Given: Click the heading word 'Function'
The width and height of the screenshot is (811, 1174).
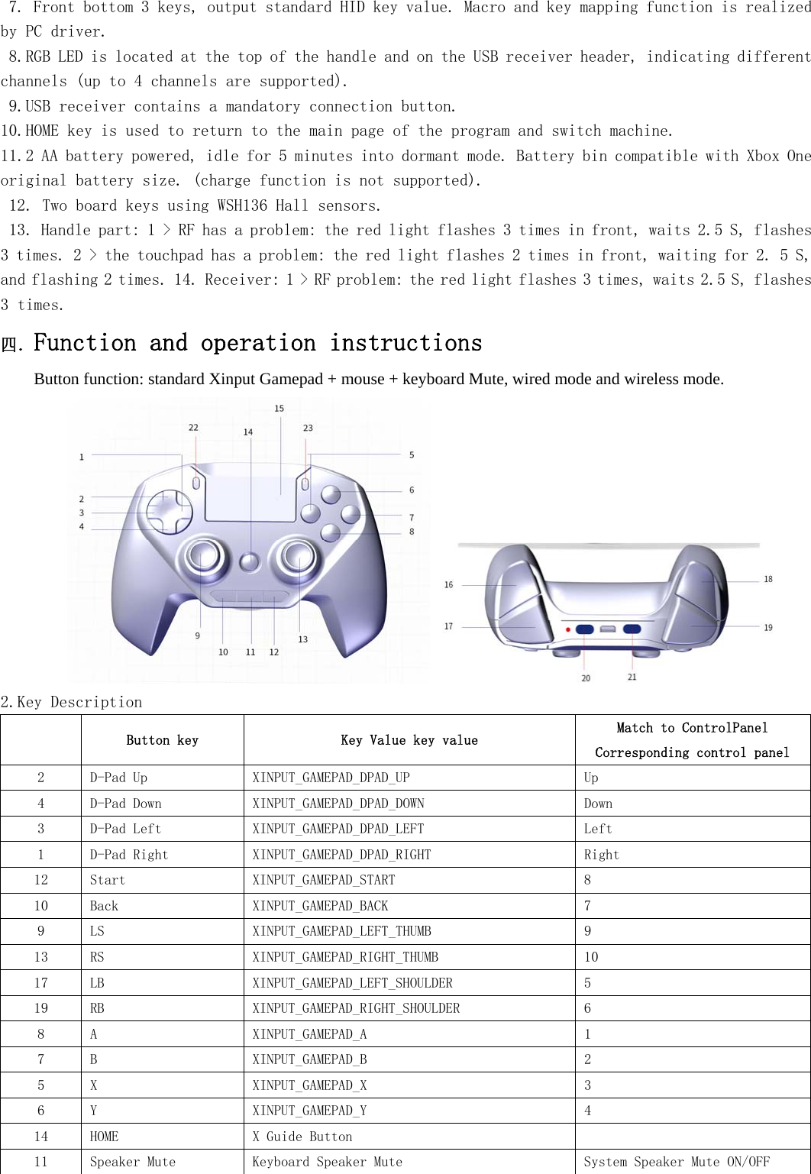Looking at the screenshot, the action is [x=85, y=343].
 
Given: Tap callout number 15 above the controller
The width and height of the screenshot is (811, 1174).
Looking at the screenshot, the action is [x=279, y=409].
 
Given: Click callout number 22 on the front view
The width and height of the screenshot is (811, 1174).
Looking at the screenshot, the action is [x=193, y=428].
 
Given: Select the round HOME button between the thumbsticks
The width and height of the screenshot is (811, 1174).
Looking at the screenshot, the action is [x=249, y=562].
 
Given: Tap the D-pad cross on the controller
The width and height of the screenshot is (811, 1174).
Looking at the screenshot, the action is [x=169, y=511].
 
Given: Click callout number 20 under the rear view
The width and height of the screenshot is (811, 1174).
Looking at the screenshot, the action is [x=586, y=678].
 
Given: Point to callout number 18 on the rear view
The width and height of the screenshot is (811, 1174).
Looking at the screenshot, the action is [x=767, y=579].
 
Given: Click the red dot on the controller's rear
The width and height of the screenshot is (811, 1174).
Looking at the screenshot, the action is [x=567, y=629].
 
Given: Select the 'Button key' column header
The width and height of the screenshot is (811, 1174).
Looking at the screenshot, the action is [x=162, y=740].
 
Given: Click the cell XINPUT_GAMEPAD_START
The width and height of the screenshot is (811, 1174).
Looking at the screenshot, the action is [x=324, y=880].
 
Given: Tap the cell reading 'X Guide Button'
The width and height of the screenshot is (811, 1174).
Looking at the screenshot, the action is [x=302, y=1137].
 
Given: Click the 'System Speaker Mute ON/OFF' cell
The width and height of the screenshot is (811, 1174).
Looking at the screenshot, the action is [x=677, y=1162].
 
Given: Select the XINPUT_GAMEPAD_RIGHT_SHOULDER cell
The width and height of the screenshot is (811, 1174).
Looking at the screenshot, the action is [x=356, y=1008].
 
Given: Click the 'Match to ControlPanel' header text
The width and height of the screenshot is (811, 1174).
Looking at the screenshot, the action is [x=692, y=728].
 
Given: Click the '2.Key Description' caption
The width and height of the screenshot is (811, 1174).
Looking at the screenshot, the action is [x=72, y=702].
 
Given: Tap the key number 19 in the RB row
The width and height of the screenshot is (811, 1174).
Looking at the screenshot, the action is [x=40, y=1008].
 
